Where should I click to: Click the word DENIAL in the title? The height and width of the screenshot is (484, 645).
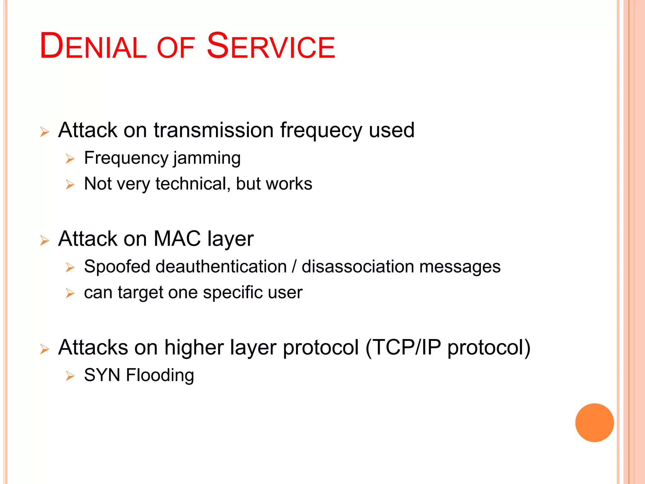[x=93, y=46]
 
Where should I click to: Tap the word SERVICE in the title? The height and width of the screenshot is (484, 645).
[x=271, y=46]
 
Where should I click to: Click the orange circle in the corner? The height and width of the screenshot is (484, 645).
[x=594, y=423]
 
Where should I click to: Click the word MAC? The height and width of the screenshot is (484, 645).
[x=177, y=239]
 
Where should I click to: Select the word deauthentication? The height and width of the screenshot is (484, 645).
[x=221, y=267]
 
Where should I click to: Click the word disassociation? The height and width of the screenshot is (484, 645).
[x=357, y=267]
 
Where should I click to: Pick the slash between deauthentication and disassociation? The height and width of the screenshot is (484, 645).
[x=294, y=267]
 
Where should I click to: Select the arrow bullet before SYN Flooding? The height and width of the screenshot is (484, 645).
[x=70, y=376]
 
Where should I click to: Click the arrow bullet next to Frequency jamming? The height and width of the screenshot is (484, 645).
[x=70, y=158]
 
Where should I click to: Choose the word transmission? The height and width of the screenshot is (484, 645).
[x=214, y=130]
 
